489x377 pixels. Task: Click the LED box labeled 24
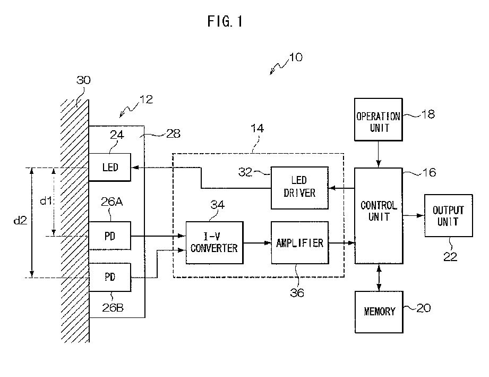[x=110, y=167]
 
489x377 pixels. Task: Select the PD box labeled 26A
[x=110, y=236]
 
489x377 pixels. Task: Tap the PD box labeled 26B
[x=110, y=278]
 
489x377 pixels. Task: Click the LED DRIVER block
[x=299, y=188]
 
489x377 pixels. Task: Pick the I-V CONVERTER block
[x=215, y=242]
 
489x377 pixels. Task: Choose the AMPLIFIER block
[x=299, y=242]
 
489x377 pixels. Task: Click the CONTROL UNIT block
[x=379, y=216]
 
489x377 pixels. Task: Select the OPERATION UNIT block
[x=378, y=120]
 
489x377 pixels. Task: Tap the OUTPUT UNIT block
[x=449, y=215]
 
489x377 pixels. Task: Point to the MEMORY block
[x=379, y=312]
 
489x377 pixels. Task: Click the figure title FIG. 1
[x=225, y=21]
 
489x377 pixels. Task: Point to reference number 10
[x=296, y=57]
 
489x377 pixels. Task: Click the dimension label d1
[x=46, y=200]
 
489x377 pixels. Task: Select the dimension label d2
[x=21, y=221]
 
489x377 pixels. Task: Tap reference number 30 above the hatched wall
[x=83, y=80]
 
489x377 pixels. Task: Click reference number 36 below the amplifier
[x=297, y=292]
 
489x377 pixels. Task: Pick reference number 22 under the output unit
[x=450, y=256]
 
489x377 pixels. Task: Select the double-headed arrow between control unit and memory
[x=379, y=278]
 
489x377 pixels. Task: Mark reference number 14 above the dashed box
[x=258, y=128]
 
